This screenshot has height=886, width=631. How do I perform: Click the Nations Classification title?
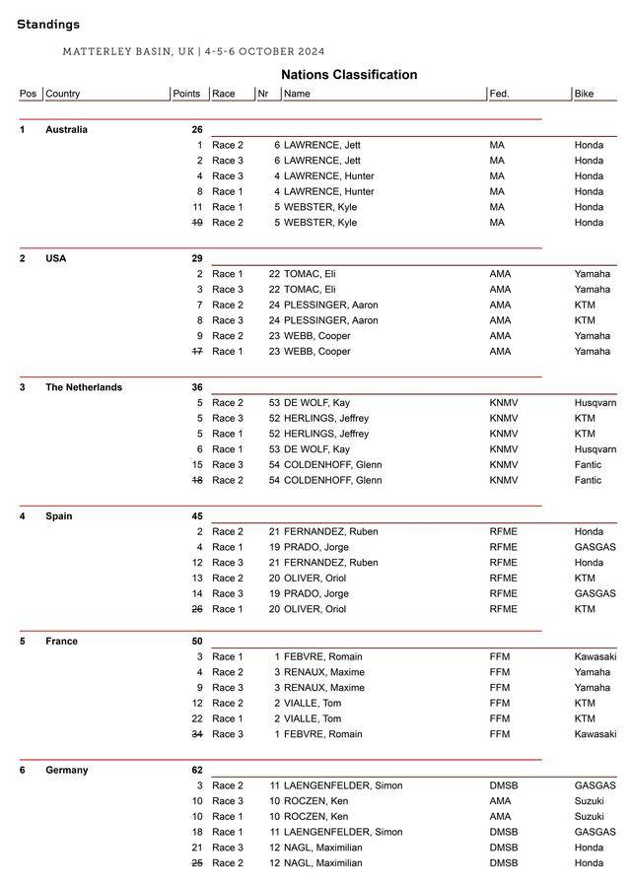[x=348, y=75]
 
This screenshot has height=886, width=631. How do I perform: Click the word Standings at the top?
[x=48, y=25]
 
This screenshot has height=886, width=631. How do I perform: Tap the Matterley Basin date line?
[x=193, y=51]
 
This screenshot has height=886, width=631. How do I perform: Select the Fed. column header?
[x=499, y=94]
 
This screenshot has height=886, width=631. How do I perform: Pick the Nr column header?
[x=263, y=94]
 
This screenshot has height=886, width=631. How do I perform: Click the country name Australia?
[x=66, y=129]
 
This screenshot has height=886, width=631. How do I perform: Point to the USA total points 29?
[x=197, y=258]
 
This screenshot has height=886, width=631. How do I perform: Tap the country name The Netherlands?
[x=84, y=387]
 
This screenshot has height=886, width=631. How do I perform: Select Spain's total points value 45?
[x=197, y=516]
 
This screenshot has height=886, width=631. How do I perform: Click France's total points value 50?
[x=197, y=641]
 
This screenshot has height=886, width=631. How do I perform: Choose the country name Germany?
[x=66, y=770]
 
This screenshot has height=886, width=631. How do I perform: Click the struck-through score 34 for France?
[x=197, y=734]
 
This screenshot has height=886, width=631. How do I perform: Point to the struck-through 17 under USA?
[x=197, y=351]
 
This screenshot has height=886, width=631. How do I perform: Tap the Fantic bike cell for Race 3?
[x=590, y=464]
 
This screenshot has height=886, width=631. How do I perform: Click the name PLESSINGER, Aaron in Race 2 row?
[x=330, y=305]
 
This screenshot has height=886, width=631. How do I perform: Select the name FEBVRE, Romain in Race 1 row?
[x=322, y=656]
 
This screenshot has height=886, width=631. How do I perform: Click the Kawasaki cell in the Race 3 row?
[x=596, y=734]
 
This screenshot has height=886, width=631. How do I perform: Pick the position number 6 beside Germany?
[x=23, y=770]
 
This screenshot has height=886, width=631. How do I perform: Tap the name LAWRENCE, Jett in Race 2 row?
[x=321, y=145]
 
